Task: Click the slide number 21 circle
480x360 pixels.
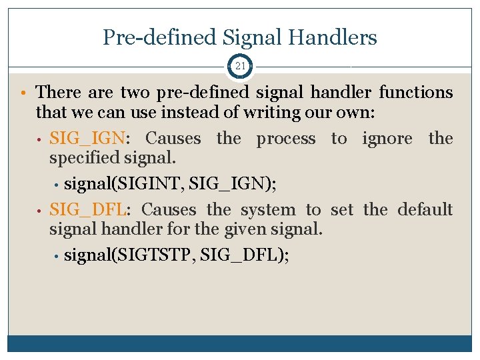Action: [x=240, y=67]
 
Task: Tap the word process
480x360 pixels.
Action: [x=286, y=139]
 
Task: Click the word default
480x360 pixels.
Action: [x=425, y=210]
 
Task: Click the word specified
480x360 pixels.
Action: [x=83, y=159]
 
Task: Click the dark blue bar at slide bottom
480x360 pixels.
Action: [x=240, y=343]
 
